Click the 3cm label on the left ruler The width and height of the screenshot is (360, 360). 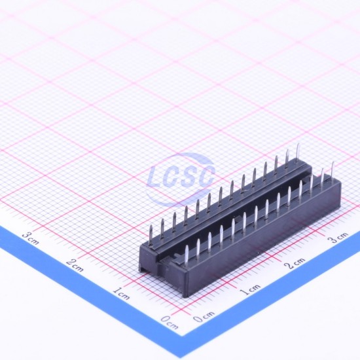coord(31,238)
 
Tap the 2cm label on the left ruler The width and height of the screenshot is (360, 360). coord(75,265)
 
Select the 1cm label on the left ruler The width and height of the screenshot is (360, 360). coord(121,293)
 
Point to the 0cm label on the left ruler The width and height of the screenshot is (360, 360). coord(170,322)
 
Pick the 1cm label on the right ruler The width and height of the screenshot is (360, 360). coord(250,289)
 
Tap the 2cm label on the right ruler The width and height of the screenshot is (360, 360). coord(295,262)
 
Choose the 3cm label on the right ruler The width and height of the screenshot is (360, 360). coord(338,237)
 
